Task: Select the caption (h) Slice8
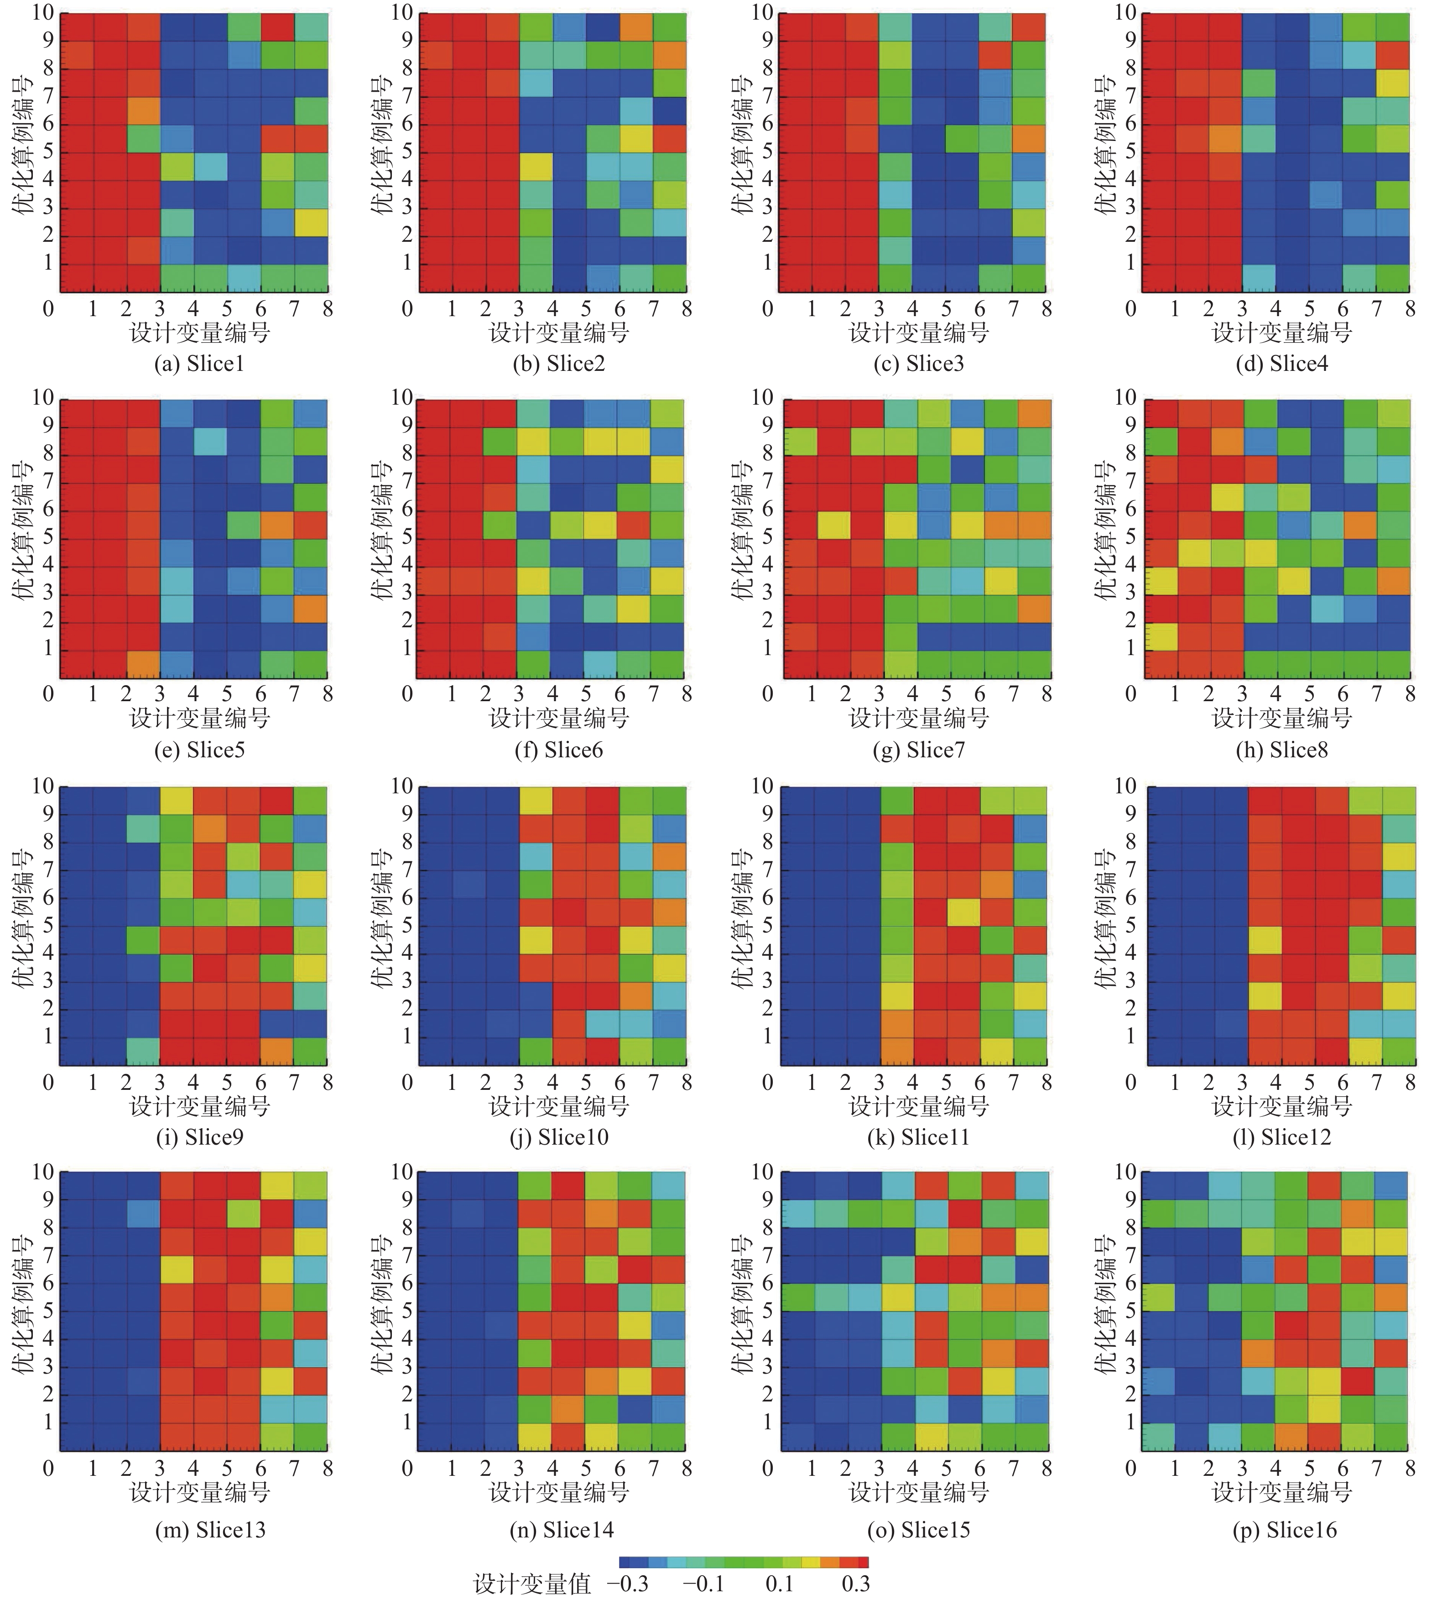coord(1281,750)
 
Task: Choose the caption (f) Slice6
coord(558,750)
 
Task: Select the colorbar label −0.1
coord(703,1583)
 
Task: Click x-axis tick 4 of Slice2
coord(553,309)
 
